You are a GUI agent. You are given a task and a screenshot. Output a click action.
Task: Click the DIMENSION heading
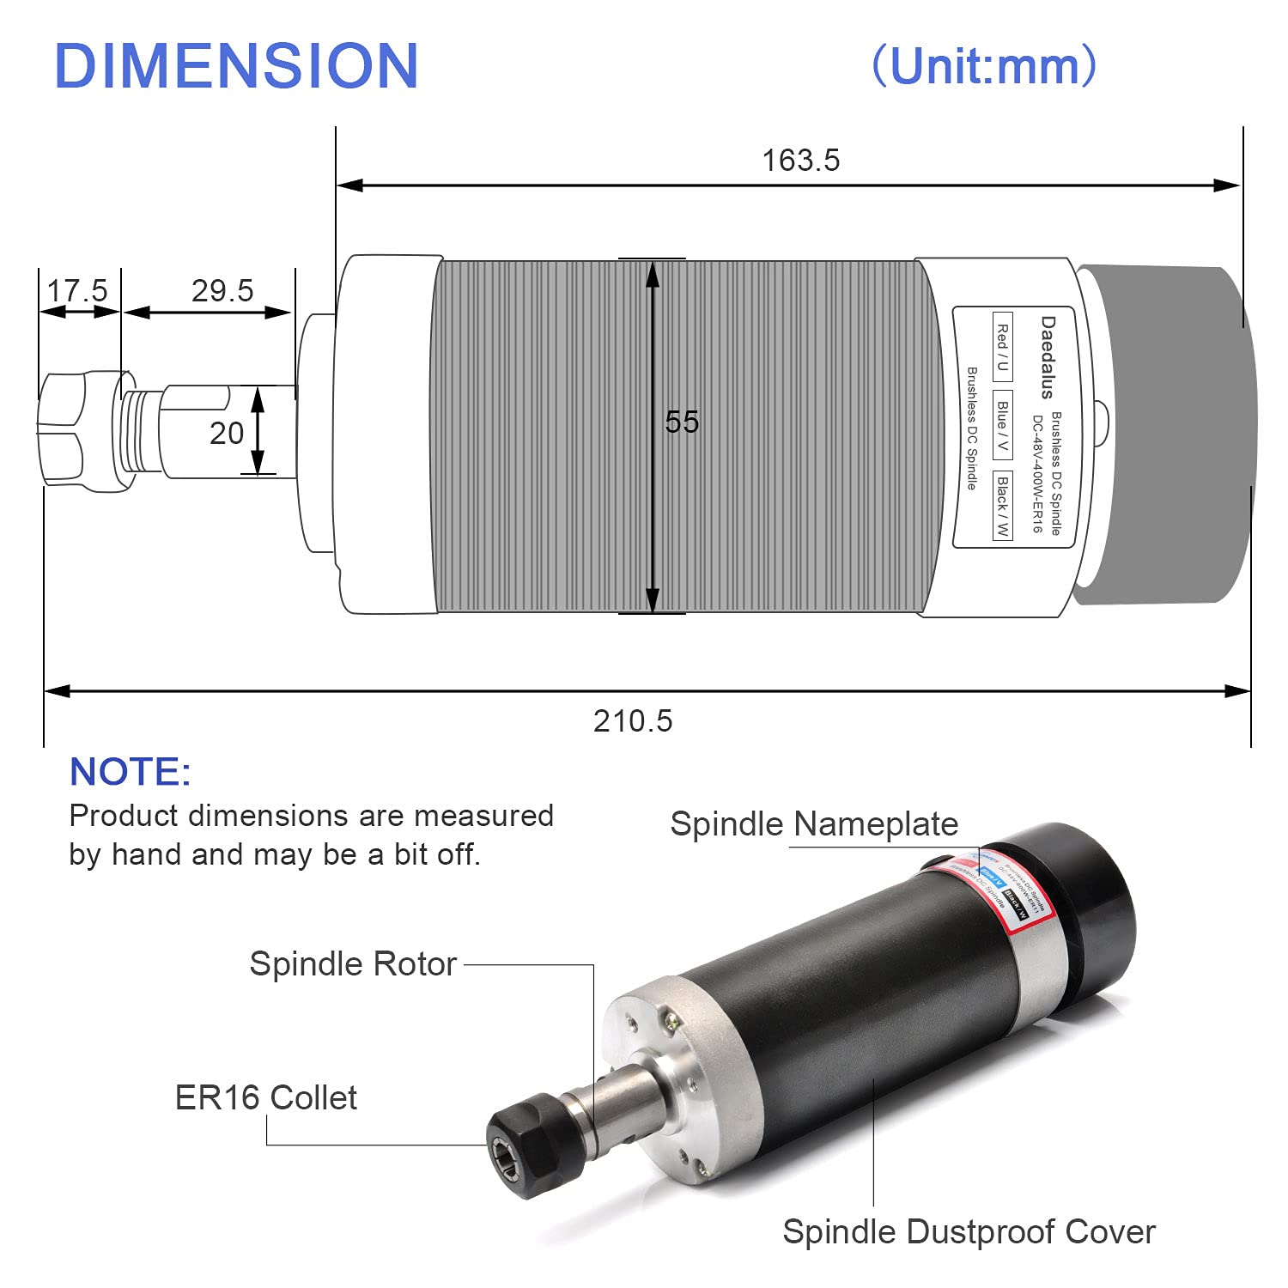[236, 66]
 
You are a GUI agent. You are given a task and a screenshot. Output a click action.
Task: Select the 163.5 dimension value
[800, 161]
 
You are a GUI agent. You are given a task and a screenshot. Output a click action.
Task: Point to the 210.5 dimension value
[633, 721]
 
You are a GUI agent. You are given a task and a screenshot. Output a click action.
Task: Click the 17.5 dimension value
[77, 291]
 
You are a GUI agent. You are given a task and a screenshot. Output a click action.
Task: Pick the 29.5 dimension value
[222, 291]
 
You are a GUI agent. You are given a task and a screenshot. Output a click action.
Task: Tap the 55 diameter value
[682, 422]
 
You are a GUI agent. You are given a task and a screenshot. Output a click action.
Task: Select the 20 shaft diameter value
[227, 434]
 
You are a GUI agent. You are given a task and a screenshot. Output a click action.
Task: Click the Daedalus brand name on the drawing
[1048, 357]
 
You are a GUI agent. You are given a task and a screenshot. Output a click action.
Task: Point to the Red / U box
[1002, 347]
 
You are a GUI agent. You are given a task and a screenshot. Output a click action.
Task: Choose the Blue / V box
[1002, 424]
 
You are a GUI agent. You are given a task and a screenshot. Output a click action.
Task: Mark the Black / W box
[1002, 506]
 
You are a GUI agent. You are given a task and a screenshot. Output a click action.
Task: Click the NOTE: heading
[130, 772]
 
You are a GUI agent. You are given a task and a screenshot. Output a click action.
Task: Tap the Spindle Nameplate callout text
[813, 824]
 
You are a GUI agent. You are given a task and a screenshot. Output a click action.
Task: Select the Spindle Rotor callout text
[352, 964]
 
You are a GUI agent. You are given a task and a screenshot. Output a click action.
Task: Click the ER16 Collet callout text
[265, 1098]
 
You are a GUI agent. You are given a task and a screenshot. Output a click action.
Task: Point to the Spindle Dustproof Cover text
[969, 1231]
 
